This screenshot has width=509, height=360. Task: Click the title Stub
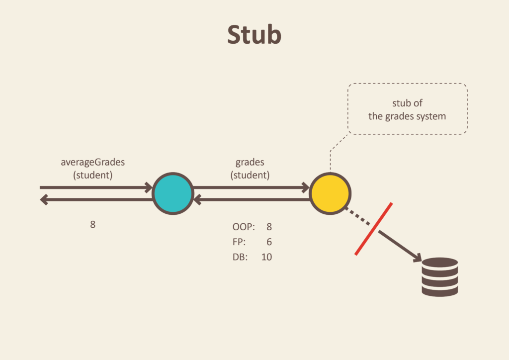[254, 35]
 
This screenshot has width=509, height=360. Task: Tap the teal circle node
[172, 193]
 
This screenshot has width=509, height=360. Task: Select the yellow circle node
[330, 193]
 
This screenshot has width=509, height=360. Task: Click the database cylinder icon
[439, 277]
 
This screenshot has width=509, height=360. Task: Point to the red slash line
[374, 229]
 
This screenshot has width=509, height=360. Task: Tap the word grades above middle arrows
[250, 162]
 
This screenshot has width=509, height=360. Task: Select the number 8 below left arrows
[92, 224]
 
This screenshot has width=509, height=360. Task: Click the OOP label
[244, 227]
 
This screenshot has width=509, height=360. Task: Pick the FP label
[239, 242]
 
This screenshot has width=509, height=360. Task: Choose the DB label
[240, 258]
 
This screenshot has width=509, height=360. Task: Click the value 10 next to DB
[266, 258]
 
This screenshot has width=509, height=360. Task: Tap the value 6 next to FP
[269, 242]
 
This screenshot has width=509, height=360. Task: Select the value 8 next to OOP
[269, 227]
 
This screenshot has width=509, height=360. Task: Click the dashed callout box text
[407, 110]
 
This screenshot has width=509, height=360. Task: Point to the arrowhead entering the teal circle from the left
[148, 187]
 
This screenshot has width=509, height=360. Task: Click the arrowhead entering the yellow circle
[305, 187]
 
